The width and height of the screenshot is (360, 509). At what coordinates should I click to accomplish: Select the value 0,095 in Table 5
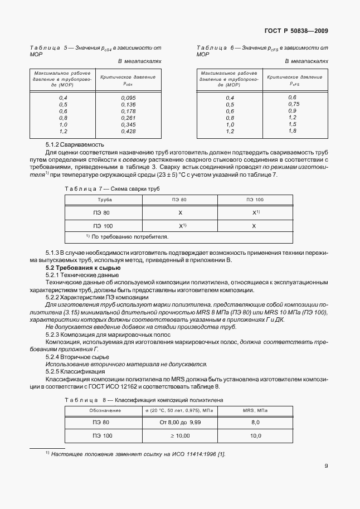tap(129, 98)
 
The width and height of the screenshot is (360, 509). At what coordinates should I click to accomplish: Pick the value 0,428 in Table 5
tap(129, 131)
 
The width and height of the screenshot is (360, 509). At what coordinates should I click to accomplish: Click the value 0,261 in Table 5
tap(129, 118)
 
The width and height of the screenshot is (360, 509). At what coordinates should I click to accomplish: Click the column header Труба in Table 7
tap(105, 199)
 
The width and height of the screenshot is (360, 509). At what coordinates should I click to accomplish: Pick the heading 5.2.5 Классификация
tap(74, 371)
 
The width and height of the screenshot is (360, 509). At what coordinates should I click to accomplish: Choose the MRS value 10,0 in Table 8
tap(255, 435)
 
